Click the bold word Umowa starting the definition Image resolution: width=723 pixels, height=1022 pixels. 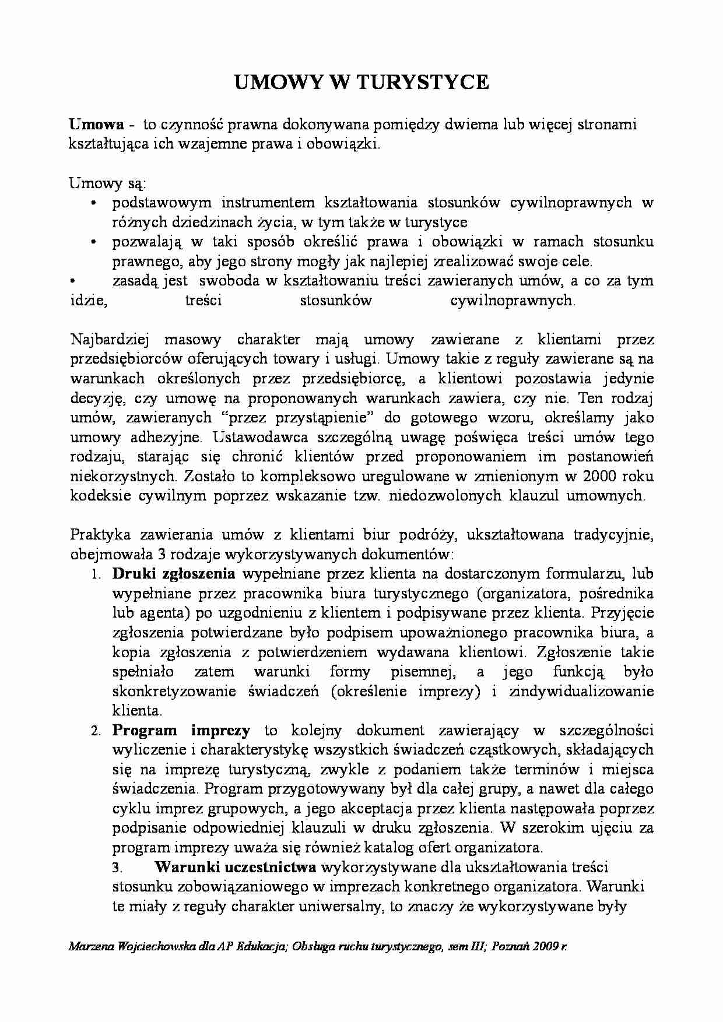(96, 124)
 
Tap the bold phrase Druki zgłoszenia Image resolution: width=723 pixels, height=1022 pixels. (174, 574)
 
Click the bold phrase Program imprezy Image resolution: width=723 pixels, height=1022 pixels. (181, 730)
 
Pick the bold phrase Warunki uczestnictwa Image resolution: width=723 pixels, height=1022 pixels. (236, 867)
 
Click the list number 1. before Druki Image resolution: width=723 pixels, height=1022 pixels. (96, 575)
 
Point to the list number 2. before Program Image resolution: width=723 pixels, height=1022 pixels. (96, 731)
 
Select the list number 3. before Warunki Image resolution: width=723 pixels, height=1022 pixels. (117, 868)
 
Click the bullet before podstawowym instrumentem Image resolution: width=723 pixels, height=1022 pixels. (94, 203)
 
